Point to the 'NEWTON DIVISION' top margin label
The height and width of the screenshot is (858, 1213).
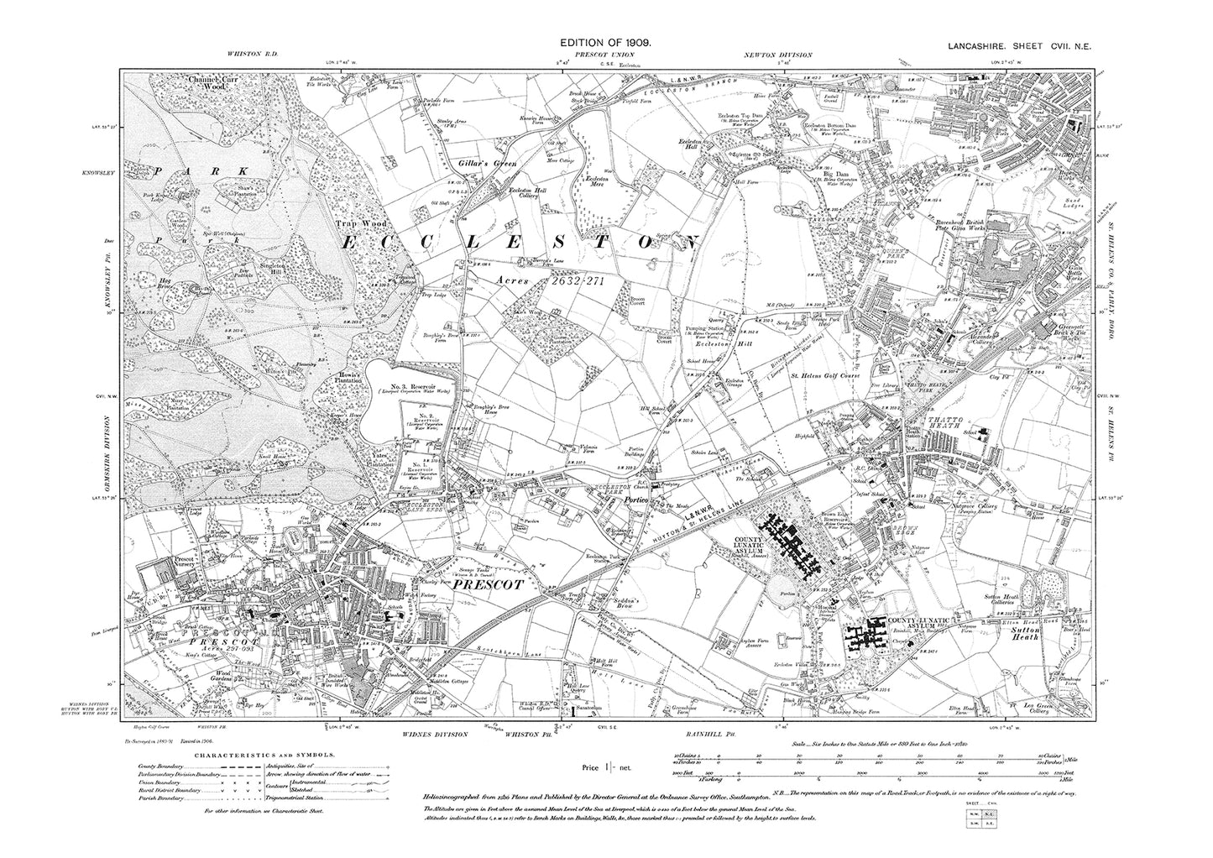pos(777,55)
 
